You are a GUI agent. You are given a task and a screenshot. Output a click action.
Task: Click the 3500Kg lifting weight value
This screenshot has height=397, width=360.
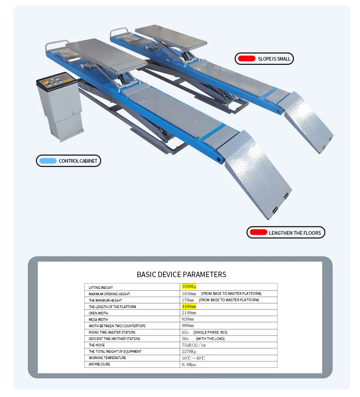189,287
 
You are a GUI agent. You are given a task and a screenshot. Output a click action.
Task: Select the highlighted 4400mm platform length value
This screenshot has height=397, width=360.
189,307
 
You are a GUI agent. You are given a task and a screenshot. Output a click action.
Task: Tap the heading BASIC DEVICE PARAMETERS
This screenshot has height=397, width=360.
181,274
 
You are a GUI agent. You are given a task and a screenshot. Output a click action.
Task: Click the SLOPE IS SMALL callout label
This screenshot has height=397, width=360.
273,59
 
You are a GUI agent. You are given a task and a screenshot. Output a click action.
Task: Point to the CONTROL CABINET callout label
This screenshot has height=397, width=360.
77,161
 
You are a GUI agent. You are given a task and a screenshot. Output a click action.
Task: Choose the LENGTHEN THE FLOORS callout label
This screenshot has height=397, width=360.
294,233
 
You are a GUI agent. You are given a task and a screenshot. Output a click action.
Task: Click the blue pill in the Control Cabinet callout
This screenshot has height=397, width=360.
48,161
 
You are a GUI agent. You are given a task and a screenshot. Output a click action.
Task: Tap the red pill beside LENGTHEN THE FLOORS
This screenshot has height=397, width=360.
258,232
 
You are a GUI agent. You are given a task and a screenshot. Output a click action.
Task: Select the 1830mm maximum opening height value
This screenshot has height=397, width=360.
189,294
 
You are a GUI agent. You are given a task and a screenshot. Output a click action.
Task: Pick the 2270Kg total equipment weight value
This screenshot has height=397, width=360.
188,351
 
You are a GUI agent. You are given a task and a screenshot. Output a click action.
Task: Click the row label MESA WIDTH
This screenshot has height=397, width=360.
98,320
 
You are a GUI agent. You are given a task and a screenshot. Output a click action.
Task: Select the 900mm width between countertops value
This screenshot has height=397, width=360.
188,326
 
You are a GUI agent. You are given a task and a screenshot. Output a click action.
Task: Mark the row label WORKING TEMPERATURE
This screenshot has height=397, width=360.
107,358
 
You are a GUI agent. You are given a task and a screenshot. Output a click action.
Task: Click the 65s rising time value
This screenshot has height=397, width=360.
185,332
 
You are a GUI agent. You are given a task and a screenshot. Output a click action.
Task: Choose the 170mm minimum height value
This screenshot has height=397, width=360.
188,300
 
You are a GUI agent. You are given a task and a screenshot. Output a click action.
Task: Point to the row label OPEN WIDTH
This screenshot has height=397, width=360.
98,313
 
